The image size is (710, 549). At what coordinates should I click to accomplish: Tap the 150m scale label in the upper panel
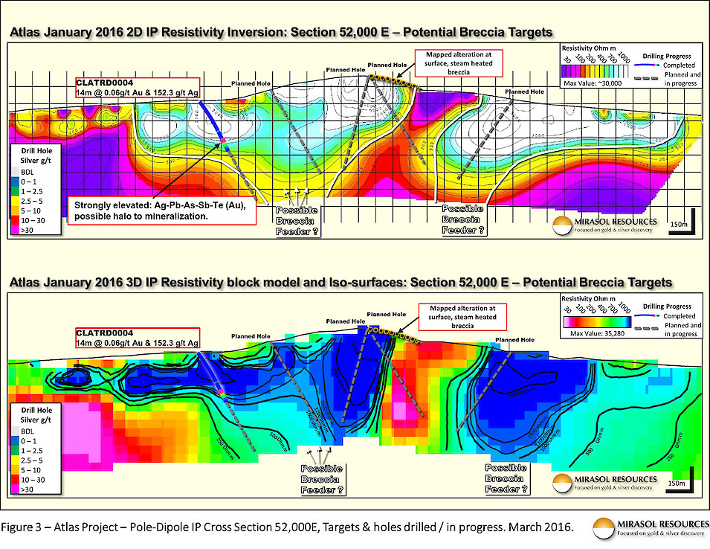point(679,224)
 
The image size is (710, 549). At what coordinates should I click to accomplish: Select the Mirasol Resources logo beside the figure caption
point(646,528)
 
